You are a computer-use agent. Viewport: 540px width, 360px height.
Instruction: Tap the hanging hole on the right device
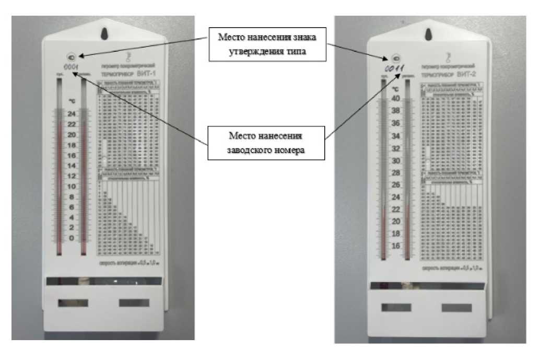coord(429,33)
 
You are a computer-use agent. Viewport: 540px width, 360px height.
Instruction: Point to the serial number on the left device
coord(71,67)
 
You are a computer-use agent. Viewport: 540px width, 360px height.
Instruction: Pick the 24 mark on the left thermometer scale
coord(72,114)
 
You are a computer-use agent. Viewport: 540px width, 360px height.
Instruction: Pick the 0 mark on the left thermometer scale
coord(72,238)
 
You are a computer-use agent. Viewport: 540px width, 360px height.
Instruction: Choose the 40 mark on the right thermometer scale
coord(395,99)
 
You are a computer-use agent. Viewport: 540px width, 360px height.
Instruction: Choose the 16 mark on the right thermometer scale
coord(395,245)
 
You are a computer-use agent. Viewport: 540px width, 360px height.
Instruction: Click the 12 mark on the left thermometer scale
coord(72,176)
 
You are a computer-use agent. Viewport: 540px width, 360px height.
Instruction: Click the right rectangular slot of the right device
coord(455,307)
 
